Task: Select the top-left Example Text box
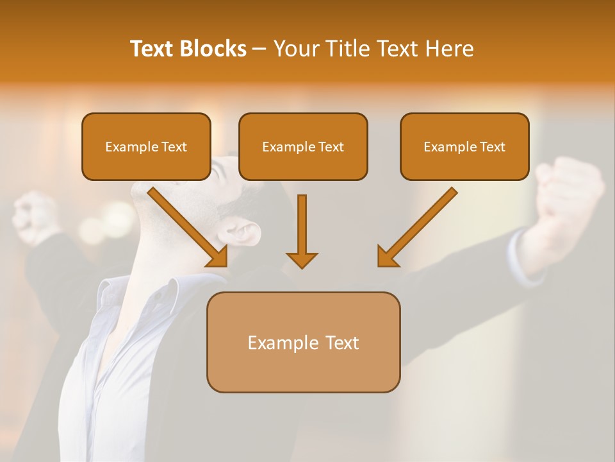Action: (146, 147)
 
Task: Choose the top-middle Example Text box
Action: (303, 147)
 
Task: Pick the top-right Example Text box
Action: (464, 147)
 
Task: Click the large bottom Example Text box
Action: (303, 343)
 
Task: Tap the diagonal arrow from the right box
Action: (417, 227)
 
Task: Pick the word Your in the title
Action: (295, 49)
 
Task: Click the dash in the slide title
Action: (259, 49)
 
